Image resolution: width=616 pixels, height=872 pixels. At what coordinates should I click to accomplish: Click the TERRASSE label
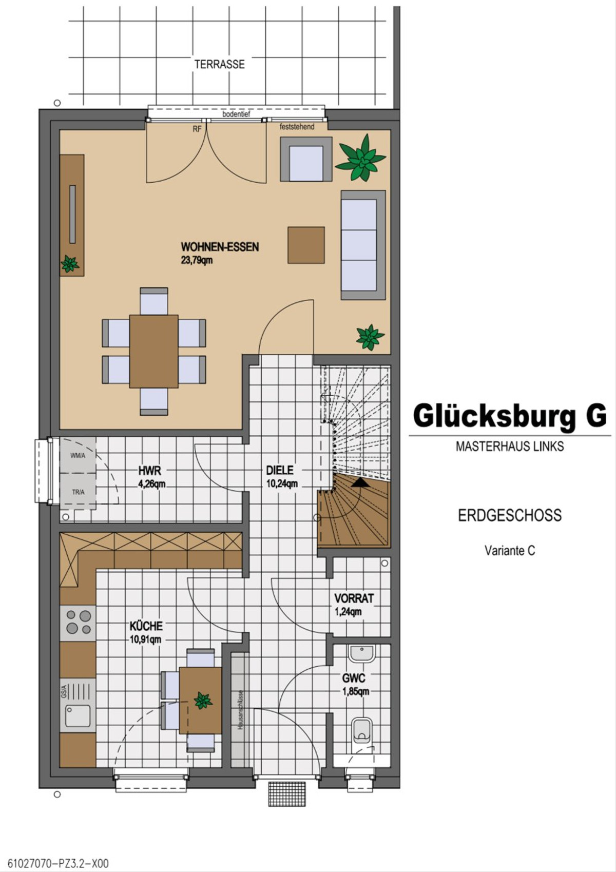pos(220,64)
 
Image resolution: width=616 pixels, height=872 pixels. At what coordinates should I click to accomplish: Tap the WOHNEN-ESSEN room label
pos(220,247)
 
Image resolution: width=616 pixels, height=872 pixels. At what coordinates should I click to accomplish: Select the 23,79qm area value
pos(197,260)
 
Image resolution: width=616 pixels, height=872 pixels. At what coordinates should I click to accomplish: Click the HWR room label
pos(149,471)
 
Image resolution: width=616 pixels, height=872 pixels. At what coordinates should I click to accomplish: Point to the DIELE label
pos(280,470)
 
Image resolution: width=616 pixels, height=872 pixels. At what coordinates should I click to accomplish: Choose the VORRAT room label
pos(354,598)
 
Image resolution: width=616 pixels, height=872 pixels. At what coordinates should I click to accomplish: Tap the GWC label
pos(354,678)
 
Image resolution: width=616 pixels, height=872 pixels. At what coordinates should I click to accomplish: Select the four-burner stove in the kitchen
pos(78,622)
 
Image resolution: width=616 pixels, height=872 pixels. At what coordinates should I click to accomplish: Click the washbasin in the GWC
pos(362,654)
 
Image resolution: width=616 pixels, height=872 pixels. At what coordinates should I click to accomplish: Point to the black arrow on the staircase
pos(361,483)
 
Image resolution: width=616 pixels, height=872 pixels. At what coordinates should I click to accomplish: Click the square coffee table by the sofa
pos(306,245)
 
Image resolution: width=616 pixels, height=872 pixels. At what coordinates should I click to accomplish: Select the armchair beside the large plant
pos(306,159)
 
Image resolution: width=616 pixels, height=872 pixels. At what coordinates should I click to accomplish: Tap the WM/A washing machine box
pos(78,455)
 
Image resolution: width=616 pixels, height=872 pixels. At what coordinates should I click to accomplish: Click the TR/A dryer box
pos(78,491)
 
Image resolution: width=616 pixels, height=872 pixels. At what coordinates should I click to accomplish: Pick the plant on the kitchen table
pos(203,701)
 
